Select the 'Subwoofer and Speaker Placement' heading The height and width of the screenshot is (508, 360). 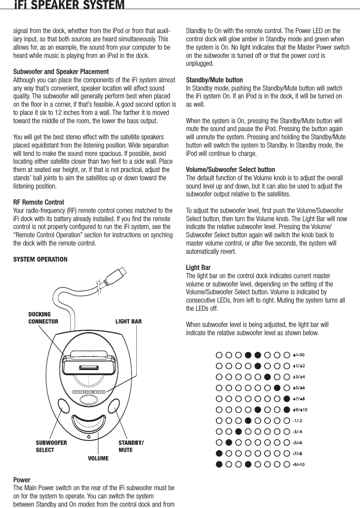pyautogui.click(x=61, y=71)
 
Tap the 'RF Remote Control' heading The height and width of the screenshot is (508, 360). pyautogui.click(x=38, y=202)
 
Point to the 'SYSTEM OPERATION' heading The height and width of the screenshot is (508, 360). pyautogui.click(x=40, y=260)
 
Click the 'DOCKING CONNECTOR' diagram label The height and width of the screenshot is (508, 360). pyautogui.click(x=43, y=318)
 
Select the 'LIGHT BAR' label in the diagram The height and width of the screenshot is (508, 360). pyautogui.click(x=128, y=322)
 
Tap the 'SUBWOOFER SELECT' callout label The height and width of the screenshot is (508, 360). pyautogui.click(x=51, y=446)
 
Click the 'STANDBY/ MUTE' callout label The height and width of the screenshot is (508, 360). pyautogui.click(x=131, y=446)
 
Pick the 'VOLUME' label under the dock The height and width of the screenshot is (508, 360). pyautogui.click(x=98, y=458)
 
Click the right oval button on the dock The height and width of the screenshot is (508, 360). pyautogui.click(x=115, y=406)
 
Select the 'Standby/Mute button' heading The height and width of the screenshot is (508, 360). pyautogui.click(x=214, y=80)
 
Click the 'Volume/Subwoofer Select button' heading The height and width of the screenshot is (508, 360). pyautogui.click(x=230, y=169)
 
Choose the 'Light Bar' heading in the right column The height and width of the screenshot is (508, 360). pyautogui.click(x=197, y=267)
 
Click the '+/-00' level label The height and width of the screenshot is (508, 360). pyautogui.click(x=298, y=354)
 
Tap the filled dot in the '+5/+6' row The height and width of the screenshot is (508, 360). pyautogui.click(x=277, y=387)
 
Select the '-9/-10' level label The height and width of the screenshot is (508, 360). pyautogui.click(x=298, y=464)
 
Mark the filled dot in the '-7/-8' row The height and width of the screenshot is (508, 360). pyautogui.click(x=219, y=453)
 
